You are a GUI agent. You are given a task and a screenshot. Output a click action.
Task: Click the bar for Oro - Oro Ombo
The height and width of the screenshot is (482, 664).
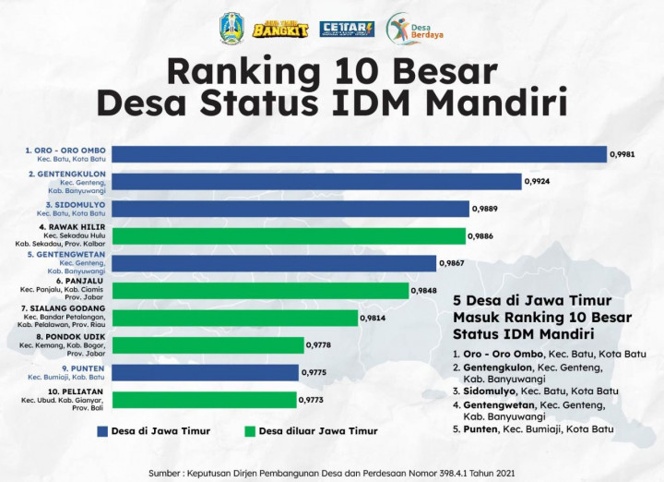(x=360, y=155)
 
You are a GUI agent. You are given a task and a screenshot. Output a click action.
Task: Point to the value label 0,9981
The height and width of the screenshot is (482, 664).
(x=622, y=155)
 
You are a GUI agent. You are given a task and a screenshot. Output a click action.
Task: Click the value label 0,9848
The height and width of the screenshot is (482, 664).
(x=422, y=291)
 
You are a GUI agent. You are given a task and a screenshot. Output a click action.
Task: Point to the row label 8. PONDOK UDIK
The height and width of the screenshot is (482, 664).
(x=70, y=336)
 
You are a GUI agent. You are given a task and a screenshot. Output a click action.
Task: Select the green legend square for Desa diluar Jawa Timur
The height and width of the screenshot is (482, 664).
(x=250, y=430)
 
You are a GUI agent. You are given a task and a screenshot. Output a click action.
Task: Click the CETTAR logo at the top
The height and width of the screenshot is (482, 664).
(x=346, y=29)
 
